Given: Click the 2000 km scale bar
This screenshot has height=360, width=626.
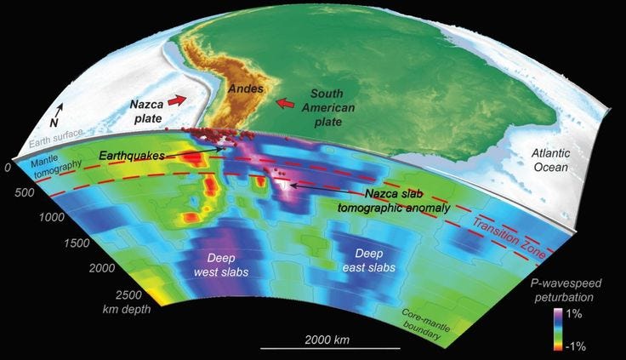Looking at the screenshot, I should point(316,348).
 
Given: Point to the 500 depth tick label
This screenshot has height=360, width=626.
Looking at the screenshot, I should point(27,192).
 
